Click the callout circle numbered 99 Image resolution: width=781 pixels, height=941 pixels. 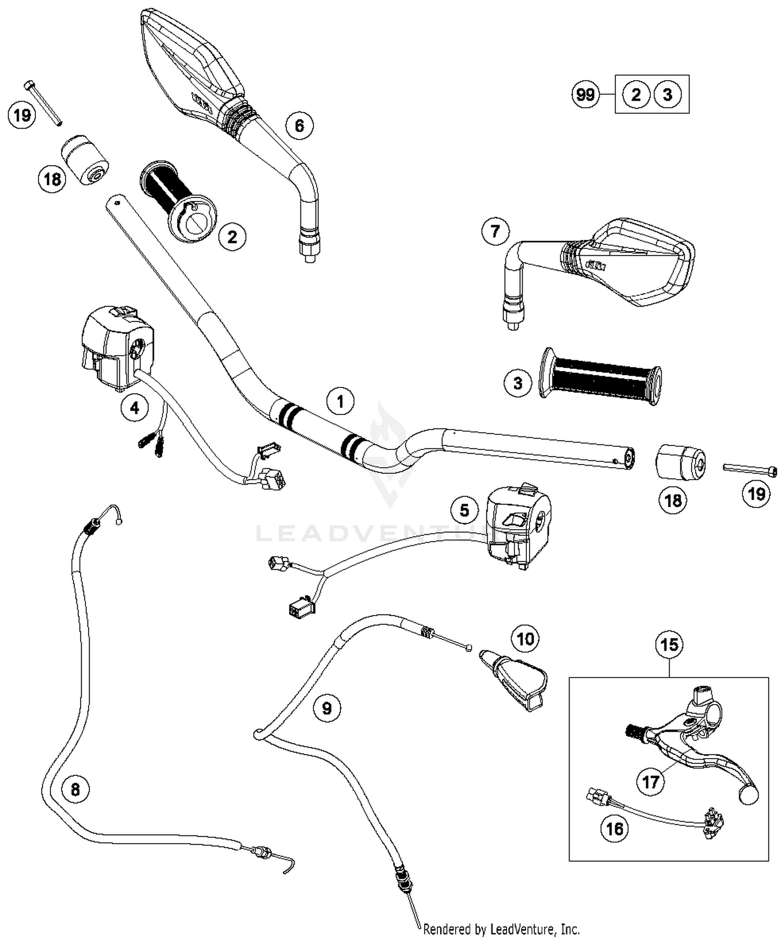[585, 95]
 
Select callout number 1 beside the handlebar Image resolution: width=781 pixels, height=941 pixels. [341, 402]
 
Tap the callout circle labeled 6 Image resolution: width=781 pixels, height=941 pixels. [299, 126]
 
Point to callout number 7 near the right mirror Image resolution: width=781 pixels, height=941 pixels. [495, 231]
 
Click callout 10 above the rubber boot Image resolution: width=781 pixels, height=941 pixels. [525, 638]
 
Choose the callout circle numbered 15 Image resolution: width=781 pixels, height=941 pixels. [669, 645]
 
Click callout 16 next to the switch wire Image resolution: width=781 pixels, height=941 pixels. [615, 829]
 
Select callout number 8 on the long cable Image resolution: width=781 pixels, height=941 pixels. [75, 789]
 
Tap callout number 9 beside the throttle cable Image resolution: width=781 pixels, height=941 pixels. [326, 708]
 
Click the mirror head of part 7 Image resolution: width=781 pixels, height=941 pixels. [640, 263]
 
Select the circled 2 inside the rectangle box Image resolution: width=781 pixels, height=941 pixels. [636, 95]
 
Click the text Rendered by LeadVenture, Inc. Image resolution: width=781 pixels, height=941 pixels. [501, 929]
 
